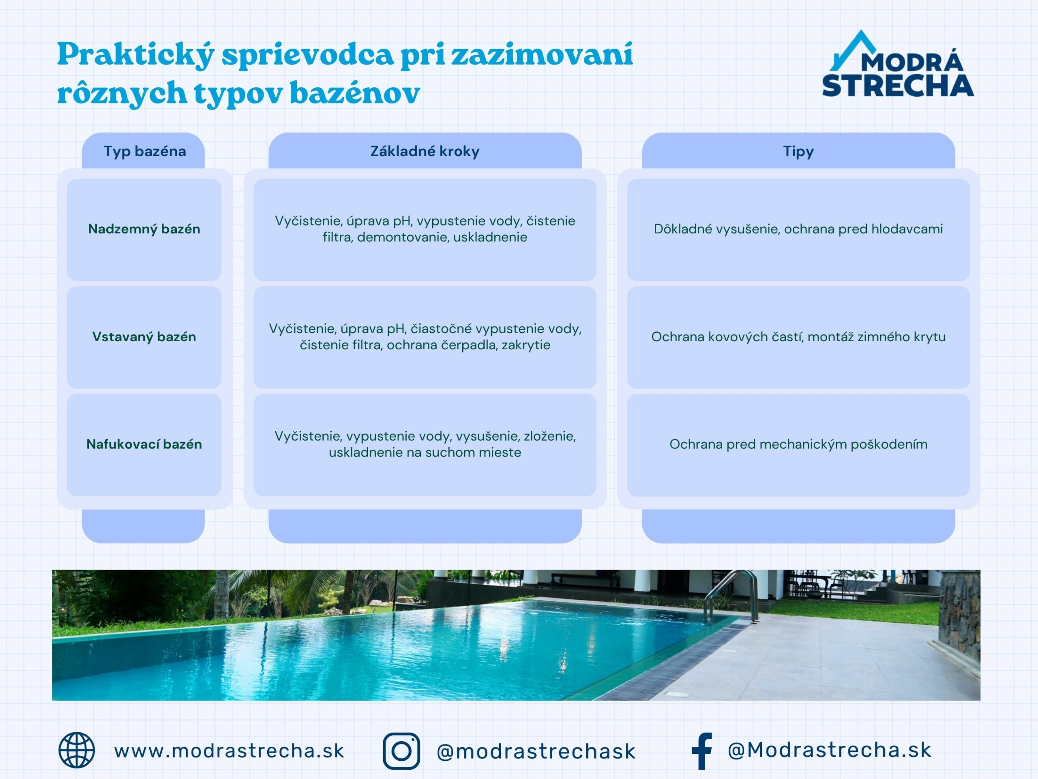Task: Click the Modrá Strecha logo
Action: coord(897,66)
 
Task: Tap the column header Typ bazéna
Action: coord(144,151)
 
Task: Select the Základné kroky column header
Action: coord(425,151)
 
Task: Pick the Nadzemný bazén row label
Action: coord(144,229)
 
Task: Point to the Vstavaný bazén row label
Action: coord(144,337)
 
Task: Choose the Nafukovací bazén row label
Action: coord(144,444)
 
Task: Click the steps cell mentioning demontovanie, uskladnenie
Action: coord(425,229)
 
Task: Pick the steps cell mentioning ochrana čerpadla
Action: coord(425,337)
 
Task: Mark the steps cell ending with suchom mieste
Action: coord(425,444)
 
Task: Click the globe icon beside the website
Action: coord(77,750)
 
